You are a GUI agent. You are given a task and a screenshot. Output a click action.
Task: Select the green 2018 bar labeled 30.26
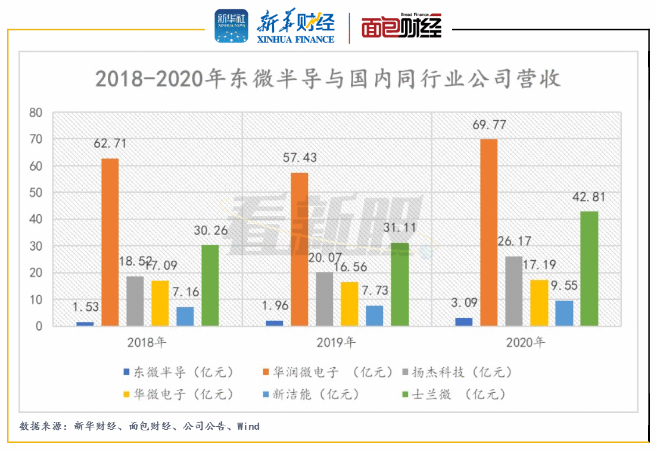click(x=210, y=285)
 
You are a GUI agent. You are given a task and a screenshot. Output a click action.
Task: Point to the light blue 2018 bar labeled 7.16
click(x=185, y=316)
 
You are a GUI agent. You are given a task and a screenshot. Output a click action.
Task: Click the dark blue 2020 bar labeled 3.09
click(x=463, y=321)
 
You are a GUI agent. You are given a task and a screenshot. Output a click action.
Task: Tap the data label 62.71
click(x=110, y=143)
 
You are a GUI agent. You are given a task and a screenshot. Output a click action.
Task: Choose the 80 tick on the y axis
click(x=36, y=112)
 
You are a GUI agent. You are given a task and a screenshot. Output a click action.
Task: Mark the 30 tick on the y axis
click(x=36, y=246)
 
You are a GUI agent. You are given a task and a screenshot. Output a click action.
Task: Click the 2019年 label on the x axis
click(x=337, y=343)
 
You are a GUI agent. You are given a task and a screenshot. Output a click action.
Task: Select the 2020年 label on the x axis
click(x=526, y=343)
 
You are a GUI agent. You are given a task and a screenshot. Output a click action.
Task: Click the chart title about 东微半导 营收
click(x=328, y=79)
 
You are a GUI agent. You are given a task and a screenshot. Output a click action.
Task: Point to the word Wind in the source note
click(x=248, y=426)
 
